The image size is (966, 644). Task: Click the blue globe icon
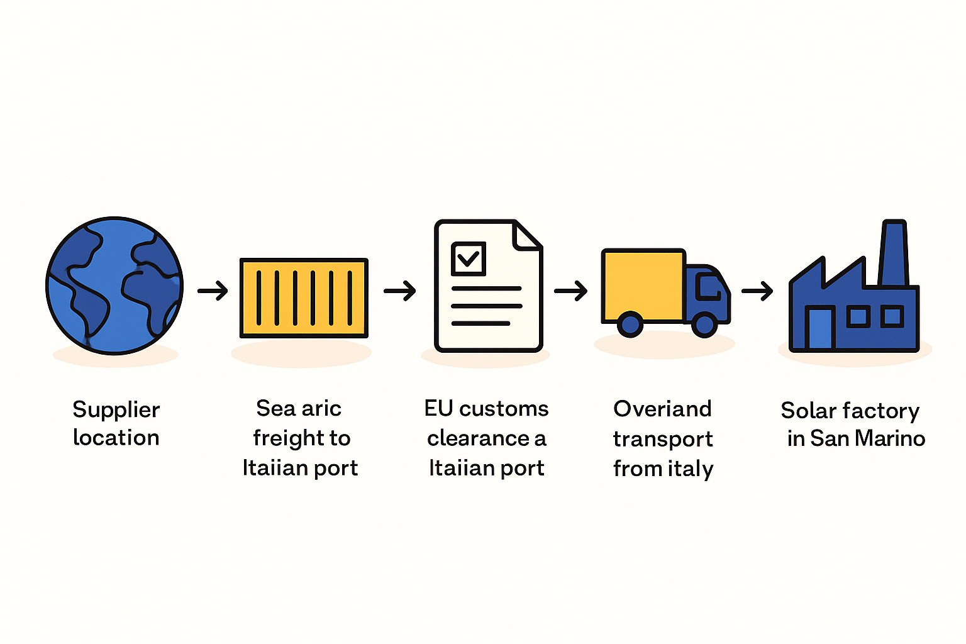(114, 286)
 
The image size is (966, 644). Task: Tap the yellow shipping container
(304, 297)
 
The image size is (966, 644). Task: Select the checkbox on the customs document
(469, 259)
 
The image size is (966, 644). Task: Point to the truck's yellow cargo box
(643, 285)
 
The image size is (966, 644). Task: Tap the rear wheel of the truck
(630, 325)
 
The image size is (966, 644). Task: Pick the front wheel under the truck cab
(704, 325)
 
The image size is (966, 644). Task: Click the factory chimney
(894, 253)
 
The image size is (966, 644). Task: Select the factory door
(820, 328)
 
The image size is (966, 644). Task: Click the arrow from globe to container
(213, 291)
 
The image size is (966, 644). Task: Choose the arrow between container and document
(400, 291)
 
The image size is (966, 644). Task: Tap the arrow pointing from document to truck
(570, 291)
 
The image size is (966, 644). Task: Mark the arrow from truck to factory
(757, 291)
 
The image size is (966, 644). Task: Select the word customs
(504, 409)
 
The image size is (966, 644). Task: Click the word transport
(663, 440)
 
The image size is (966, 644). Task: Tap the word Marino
(890, 439)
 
